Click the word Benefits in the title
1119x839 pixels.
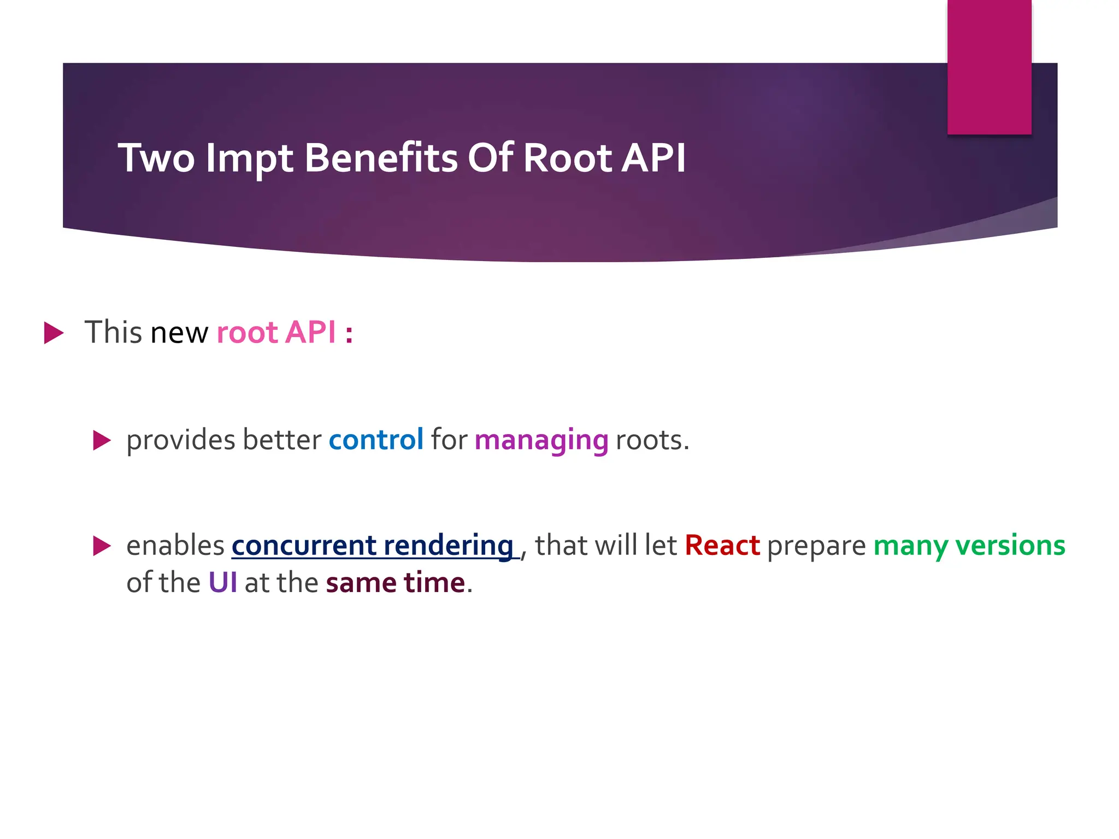(381, 158)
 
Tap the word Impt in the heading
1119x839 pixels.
(249, 159)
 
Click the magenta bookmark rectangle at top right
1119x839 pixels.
(989, 67)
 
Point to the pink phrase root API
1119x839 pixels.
(276, 332)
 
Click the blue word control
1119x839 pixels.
(376, 440)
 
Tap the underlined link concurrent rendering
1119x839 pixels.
(373, 546)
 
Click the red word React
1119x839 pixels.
(722, 546)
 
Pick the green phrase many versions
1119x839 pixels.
(969, 546)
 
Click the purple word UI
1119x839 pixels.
(222, 582)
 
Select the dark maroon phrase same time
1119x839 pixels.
(395, 582)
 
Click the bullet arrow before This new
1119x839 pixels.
(54, 333)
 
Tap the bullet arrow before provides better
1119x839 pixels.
(102, 440)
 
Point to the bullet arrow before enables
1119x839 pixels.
(102, 546)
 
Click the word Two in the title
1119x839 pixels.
(156, 158)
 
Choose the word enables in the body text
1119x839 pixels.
(175, 546)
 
